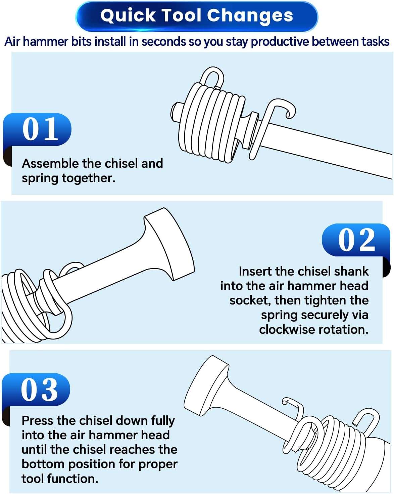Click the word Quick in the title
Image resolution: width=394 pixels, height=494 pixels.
click(128, 16)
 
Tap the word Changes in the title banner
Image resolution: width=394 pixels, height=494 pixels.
click(250, 15)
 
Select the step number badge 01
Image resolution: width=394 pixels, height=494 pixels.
click(37, 129)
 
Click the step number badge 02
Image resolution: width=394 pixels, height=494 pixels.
click(356, 240)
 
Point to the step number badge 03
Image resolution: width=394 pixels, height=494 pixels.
click(36, 389)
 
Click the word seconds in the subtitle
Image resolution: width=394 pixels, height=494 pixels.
click(163, 42)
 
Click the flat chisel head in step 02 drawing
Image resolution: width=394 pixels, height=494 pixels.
click(169, 244)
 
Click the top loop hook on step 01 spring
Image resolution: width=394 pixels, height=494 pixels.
click(212, 77)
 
